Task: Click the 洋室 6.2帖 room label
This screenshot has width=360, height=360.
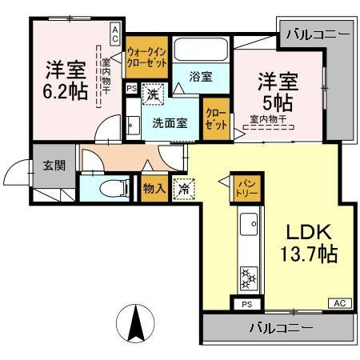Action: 66,80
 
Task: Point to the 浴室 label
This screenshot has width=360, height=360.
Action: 201,77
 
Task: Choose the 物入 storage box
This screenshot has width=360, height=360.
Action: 154,189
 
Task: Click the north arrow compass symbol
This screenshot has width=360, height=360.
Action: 135,325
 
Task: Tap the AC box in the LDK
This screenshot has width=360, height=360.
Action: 338,303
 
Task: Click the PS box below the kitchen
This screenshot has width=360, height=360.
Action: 246,304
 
